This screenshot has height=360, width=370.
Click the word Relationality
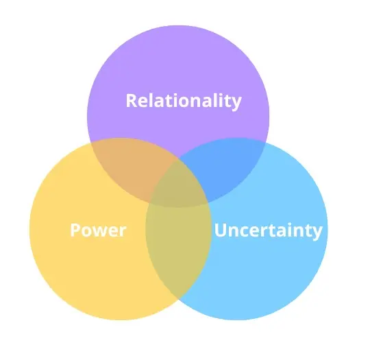(x=184, y=101)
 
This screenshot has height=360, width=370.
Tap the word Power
(x=98, y=230)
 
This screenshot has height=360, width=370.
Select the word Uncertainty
(x=269, y=231)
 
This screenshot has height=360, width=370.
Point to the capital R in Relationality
(x=132, y=100)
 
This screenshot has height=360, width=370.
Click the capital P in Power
(x=75, y=230)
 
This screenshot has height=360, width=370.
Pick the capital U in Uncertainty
(x=221, y=230)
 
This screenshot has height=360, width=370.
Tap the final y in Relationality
(x=236, y=104)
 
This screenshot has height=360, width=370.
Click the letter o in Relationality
(x=195, y=102)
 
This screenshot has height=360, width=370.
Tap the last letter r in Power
(x=123, y=232)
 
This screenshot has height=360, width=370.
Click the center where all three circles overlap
(x=178, y=184)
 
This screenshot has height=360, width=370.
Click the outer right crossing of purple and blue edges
(x=266, y=143)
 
